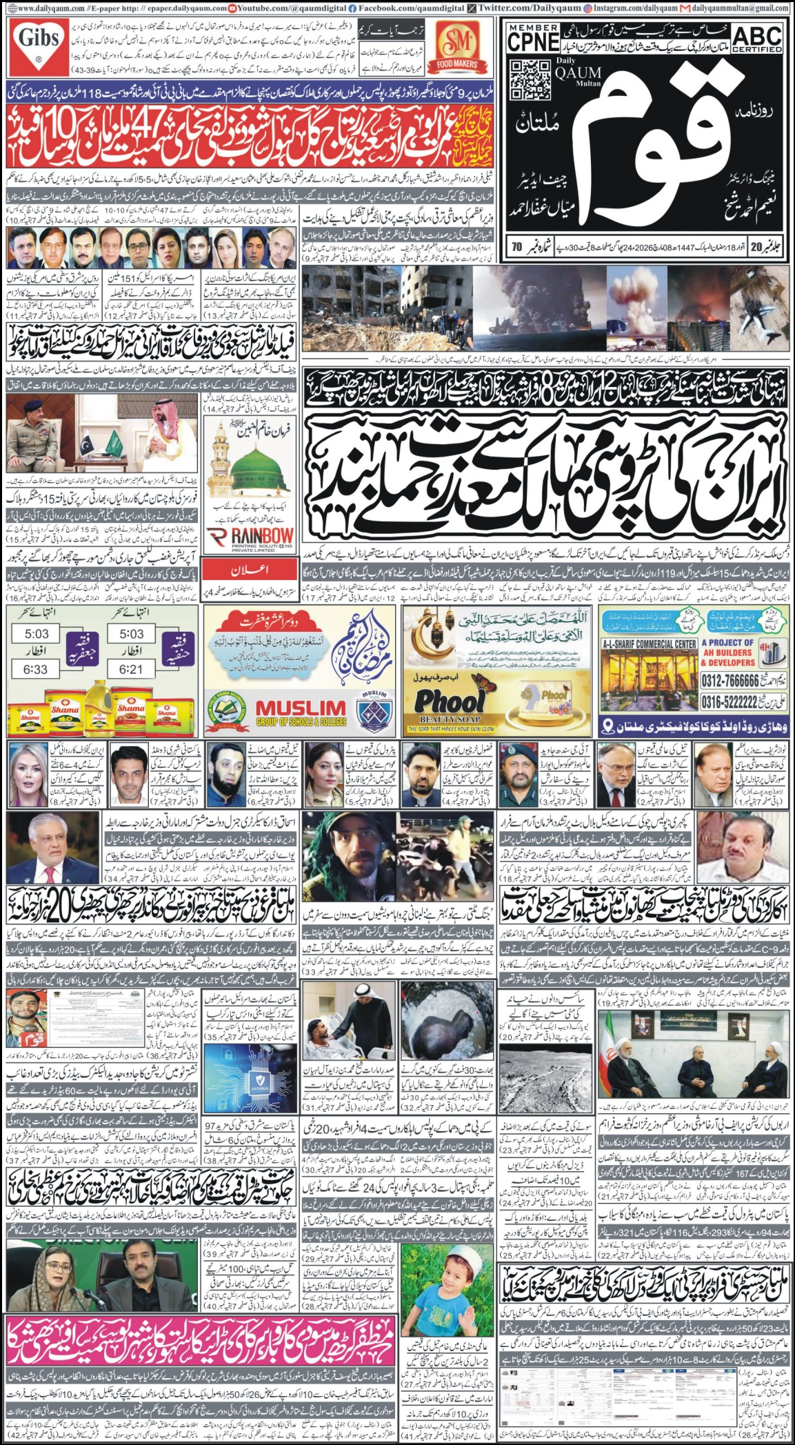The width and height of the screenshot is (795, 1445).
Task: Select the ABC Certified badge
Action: point(756,39)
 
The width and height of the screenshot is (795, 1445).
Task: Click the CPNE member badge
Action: point(533,37)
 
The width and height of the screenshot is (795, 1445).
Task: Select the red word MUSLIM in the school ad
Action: point(301,706)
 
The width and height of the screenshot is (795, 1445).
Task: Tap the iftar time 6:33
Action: point(36,668)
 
